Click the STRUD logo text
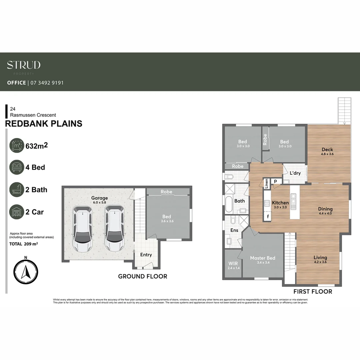point(24,65)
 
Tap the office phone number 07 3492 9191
point(47,83)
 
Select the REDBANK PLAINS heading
point(44,124)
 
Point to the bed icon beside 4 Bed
point(17,167)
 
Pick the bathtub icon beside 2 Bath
point(17,190)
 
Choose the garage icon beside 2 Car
point(17,212)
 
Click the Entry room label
point(146,255)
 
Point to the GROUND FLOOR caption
point(143,276)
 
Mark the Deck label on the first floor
point(327,150)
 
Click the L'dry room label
point(295,173)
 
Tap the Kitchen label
point(280,203)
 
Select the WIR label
point(233,263)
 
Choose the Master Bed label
point(263,258)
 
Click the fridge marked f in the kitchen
point(267,216)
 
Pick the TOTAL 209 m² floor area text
point(24,244)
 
